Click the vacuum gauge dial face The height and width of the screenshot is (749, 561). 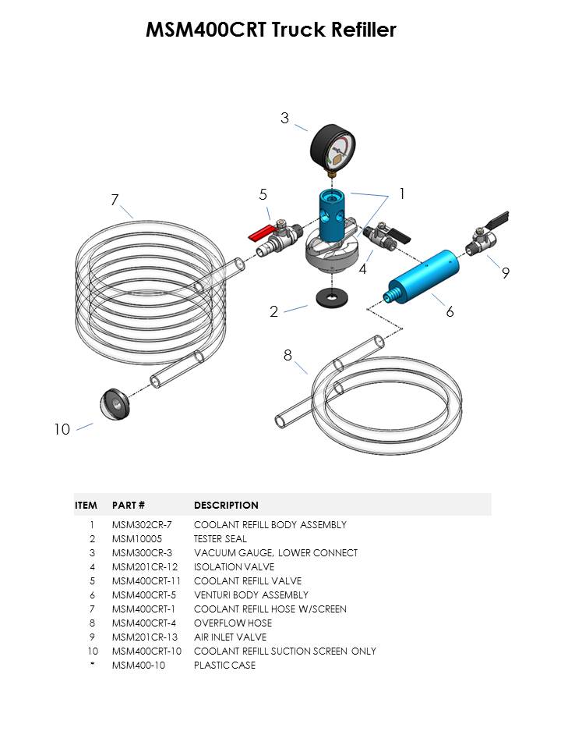click(333, 148)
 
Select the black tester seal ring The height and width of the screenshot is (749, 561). click(332, 298)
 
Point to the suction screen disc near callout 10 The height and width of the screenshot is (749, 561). click(115, 403)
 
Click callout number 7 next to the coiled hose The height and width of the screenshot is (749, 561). click(115, 201)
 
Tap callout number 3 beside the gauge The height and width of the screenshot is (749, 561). click(285, 119)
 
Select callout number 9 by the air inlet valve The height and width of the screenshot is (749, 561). click(505, 273)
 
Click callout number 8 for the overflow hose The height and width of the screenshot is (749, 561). click(288, 355)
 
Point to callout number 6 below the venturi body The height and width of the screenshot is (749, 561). click(450, 311)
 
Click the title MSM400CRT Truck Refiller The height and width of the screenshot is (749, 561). click(271, 30)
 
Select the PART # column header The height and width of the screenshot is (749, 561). click(129, 505)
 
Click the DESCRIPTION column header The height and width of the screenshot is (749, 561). click(226, 505)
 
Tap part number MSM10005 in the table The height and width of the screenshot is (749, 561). click(136, 538)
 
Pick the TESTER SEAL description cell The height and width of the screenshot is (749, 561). click(220, 538)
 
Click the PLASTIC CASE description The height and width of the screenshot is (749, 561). click(224, 665)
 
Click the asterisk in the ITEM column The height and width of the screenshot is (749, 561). click(92, 665)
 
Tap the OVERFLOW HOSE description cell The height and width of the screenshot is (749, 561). click(233, 623)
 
